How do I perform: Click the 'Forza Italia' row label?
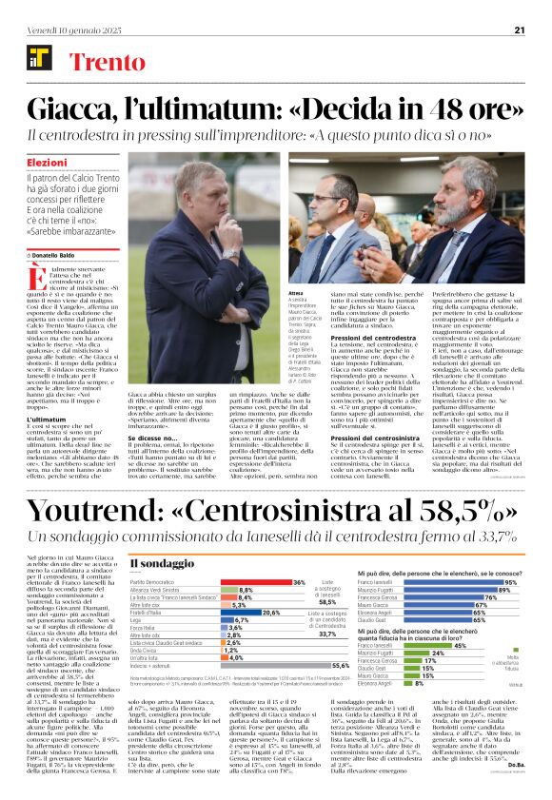point(143,628)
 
